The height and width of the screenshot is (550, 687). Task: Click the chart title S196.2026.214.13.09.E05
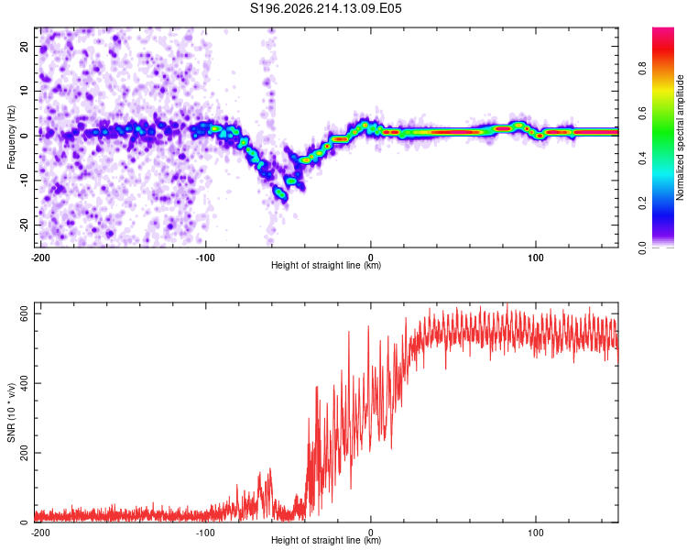(325, 8)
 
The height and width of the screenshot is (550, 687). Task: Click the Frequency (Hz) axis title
(11, 137)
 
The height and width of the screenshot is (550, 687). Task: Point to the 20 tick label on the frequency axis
(25, 46)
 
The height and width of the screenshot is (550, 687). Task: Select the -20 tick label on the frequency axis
(25, 225)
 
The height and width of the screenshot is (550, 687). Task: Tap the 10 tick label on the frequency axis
(25, 91)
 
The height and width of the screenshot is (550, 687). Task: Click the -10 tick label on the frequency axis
(25, 181)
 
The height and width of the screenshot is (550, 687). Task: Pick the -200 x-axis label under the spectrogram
(40, 258)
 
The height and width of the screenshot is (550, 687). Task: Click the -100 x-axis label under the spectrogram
(205, 258)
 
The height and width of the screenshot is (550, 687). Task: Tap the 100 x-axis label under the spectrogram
(536, 258)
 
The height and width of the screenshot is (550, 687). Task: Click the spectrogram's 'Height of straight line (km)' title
(326, 265)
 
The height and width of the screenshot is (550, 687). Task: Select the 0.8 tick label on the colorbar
(642, 69)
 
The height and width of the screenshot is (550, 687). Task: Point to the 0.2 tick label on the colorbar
(642, 203)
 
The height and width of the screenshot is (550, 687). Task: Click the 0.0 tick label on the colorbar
(642, 248)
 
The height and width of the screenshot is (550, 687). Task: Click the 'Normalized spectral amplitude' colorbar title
(680, 137)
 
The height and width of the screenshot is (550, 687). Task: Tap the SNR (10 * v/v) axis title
(11, 412)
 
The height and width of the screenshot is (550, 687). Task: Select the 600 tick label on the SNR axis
(25, 313)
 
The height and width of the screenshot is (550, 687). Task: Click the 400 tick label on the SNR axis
(25, 383)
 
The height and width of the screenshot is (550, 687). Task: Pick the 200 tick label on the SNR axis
(25, 453)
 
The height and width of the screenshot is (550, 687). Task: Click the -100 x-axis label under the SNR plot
(205, 533)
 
